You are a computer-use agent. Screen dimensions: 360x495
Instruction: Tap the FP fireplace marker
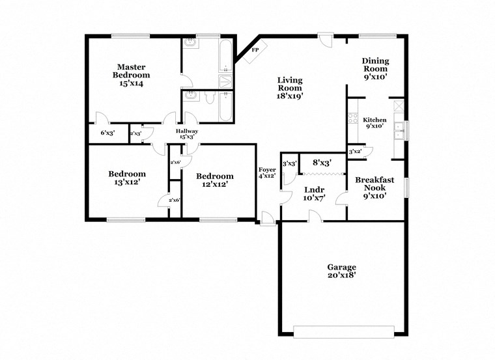[x=255, y=49]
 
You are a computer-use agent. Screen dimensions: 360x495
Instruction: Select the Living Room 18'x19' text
[x=289, y=87]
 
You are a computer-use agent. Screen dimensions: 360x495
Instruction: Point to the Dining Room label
[x=375, y=68]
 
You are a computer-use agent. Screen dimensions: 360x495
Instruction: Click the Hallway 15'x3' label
[x=187, y=134]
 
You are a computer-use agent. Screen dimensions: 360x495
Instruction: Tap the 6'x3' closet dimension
[x=107, y=133]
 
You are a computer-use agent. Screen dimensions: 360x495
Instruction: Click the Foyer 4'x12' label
[x=267, y=173]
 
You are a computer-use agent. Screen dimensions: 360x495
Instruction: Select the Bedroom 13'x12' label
[x=127, y=178]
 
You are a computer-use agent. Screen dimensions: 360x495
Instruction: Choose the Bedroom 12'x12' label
[x=215, y=180]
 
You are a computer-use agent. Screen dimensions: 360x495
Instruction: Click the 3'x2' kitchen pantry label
[x=355, y=152]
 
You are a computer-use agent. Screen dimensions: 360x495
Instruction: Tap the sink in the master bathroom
[x=190, y=43]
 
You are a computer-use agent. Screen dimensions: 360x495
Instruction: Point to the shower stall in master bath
[x=225, y=81]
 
